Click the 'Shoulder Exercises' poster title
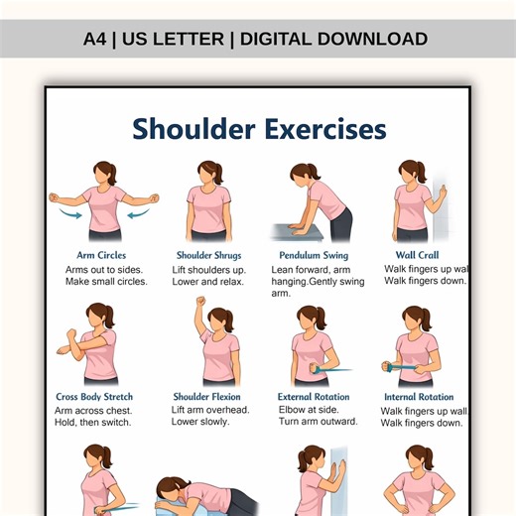point(259,129)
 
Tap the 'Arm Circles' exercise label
point(101,255)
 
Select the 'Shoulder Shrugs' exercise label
point(208,255)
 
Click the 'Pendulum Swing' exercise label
point(314,255)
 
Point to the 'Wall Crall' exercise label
point(419,255)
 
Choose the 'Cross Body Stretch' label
point(94,397)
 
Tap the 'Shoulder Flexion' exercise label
point(207,397)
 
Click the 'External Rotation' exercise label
point(313,397)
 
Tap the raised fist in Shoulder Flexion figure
point(200,302)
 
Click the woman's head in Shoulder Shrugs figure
point(208,173)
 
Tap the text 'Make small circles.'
point(106,282)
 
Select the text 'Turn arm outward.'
point(319,423)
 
